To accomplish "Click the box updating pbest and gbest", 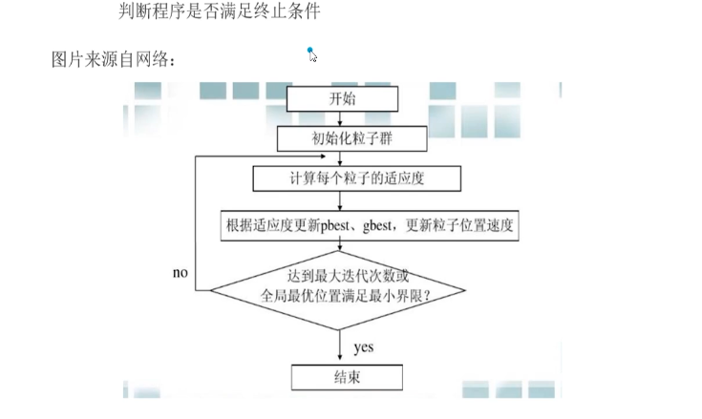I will coord(372,226).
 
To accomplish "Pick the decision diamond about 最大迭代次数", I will coord(339,286).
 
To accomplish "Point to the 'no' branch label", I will coord(181,273).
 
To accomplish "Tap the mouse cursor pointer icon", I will coord(311,54).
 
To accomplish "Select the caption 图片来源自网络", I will coord(114,59).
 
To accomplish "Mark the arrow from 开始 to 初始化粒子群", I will coord(339,118).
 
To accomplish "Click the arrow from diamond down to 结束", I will coord(339,344).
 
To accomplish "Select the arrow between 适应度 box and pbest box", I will coord(339,201).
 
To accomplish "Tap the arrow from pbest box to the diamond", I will coord(339,250).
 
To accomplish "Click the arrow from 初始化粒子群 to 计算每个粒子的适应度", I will coord(339,158).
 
